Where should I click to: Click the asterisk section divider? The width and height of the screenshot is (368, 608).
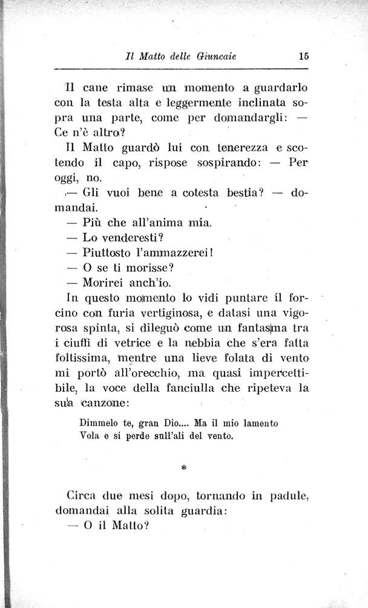point(183,468)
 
